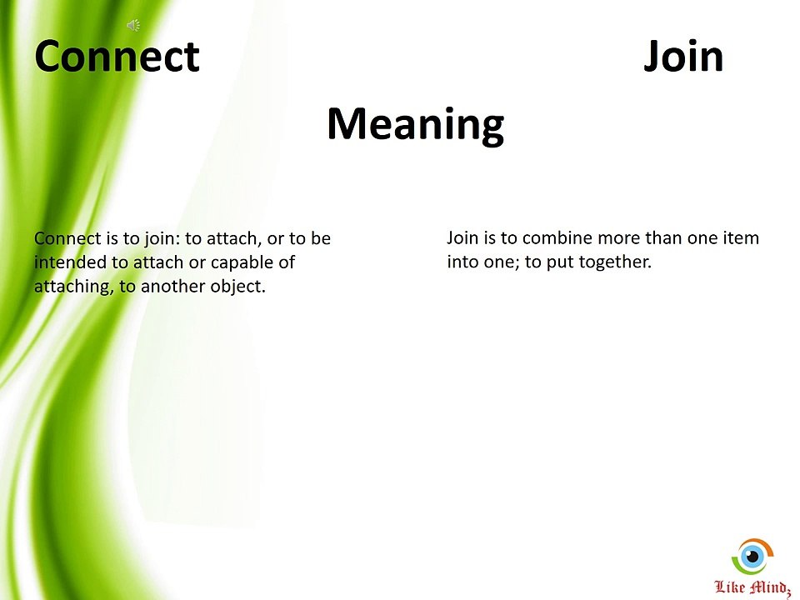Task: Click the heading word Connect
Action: pos(117,57)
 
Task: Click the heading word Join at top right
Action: pos(683,57)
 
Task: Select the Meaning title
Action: pos(415,124)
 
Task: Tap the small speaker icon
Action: pos(132,26)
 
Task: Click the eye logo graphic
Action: pos(752,555)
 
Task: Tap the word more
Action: pos(619,238)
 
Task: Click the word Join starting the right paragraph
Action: pos(462,238)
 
